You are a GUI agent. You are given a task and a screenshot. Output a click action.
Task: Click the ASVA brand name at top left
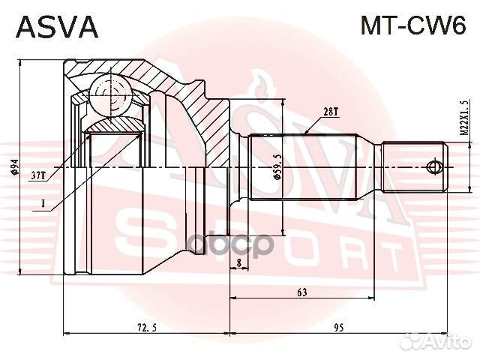57,27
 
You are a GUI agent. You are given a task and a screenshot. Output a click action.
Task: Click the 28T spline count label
331,112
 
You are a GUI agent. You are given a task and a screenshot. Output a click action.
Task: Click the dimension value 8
238,263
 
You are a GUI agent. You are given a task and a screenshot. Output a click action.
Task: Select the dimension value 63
302,292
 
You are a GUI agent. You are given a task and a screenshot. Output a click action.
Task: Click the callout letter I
43,202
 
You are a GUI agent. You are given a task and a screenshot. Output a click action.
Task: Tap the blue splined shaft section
300,166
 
